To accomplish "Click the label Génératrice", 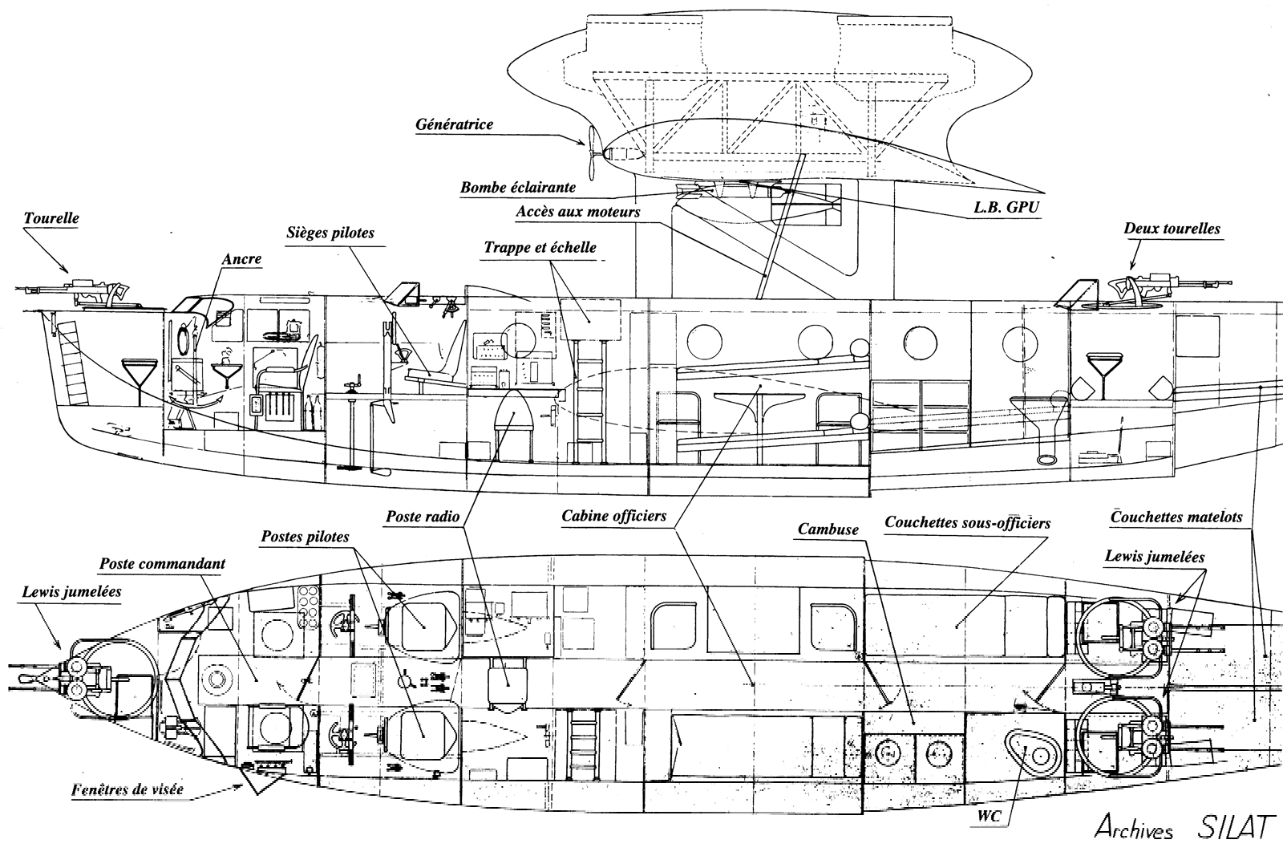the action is coord(454,125).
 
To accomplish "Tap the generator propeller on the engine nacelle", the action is coord(592,152).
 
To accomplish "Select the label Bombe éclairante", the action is coord(518,188).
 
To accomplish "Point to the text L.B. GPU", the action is coord(1006,208).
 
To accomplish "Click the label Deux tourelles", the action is coord(1172,229).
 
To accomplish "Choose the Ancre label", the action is coord(241,259).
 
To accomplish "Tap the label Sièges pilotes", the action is coord(330,233).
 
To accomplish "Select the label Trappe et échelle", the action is coord(540,248).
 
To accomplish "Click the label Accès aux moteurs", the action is coord(578,212).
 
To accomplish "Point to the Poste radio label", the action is coord(423,517).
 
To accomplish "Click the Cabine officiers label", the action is coord(613,516).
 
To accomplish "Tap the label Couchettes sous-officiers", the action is coord(967,522).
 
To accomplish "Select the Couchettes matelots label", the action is coord(1176,517).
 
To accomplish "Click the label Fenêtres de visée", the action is coord(127,790).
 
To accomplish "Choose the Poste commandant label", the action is coord(162,564).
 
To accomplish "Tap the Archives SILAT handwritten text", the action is coord(1187,827).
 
